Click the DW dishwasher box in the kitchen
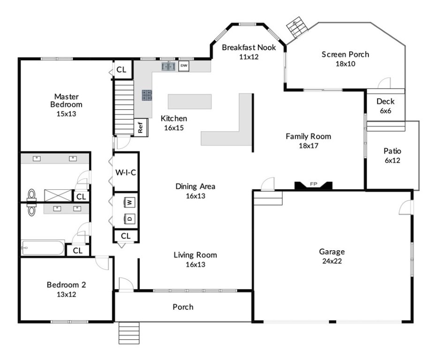pos(184,66)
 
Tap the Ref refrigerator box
pos(141,127)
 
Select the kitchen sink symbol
pos(168,67)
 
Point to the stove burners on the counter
pos(147,95)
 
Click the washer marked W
pos(129,202)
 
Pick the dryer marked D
pos(129,218)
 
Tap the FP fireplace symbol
pos(314,186)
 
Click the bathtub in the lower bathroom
pos(43,247)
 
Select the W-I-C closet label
pos(125,172)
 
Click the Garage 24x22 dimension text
pos(332,261)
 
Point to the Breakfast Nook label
pos(249,47)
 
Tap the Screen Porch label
pos(345,54)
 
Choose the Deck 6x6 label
pos(385,106)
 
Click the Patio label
pos(392,151)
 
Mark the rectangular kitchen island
pos(189,101)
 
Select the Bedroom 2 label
pos(66,285)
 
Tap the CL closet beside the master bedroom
pos(121,69)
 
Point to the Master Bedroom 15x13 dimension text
pos(66,114)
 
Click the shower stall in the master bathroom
pos(58,195)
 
